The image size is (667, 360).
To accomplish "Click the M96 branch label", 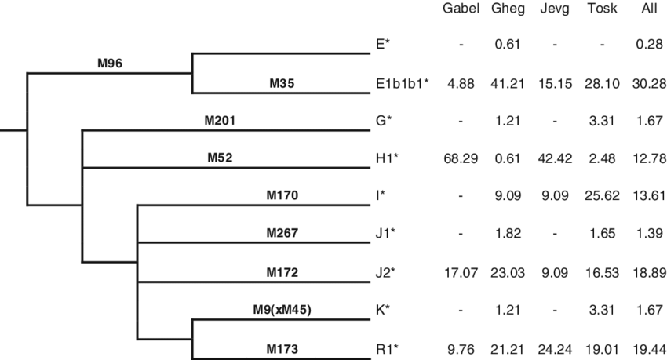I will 109,64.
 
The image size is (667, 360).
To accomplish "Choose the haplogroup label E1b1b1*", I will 403,84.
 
